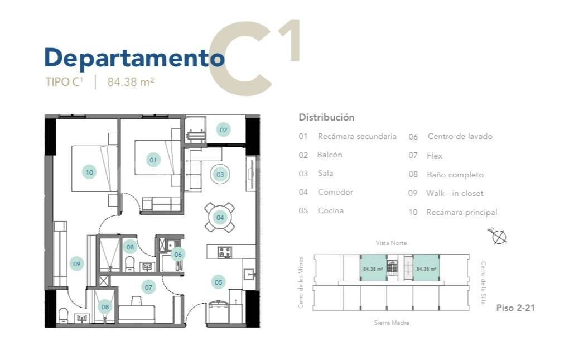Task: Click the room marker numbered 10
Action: pyautogui.click(x=89, y=172)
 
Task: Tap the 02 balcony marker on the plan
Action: pyautogui.click(x=223, y=129)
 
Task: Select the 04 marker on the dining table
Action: pyautogui.click(x=220, y=218)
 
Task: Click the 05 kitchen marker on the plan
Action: pyautogui.click(x=218, y=282)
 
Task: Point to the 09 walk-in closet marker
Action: pyautogui.click(x=76, y=263)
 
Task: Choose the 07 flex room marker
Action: pyautogui.click(x=148, y=287)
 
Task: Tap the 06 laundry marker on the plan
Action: pyautogui.click(x=178, y=254)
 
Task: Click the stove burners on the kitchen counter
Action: pyautogui.click(x=224, y=252)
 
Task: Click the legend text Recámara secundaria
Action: pyautogui.click(x=357, y=136)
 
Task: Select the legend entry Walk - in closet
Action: pyautogui.click(x=455, y=193)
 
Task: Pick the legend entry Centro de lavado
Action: pyautogui.click(x=460, y=136)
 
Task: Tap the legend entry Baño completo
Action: pyautogui.click(x=455, y=175)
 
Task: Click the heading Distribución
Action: pyautogui.click(x=326, y=117)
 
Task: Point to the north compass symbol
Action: pyautogui.click(x=498, y=236)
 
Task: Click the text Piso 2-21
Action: pyautogui.click(x=515, y=308)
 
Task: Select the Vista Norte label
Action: pyautogui.click(x=392, y=243)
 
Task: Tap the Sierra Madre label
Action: pyautogui.click(x=392, y=323)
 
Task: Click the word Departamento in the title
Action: pyautogui.click(x=134, y=58)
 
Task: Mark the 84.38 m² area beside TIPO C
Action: pyautogui.click(x=131, y=81)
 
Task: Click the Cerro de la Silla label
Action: pyautogui.click(x=483, y=282)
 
